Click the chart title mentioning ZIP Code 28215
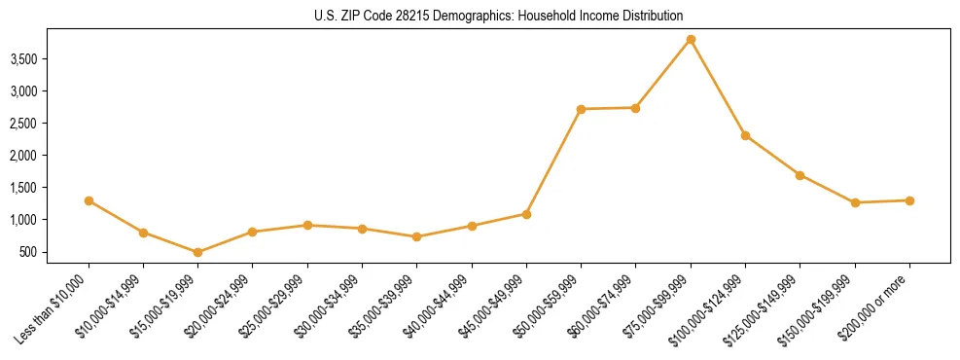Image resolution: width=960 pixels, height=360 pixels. [499, 16]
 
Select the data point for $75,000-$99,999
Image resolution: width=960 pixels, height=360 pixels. [691, 40]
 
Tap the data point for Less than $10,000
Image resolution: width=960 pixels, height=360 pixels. [89, 200]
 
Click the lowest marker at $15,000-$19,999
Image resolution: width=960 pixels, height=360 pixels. [197, 252]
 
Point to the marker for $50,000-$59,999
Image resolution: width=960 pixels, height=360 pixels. [581, 109]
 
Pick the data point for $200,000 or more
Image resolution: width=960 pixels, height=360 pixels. [909, 200]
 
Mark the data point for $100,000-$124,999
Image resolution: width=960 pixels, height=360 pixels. [745, 135]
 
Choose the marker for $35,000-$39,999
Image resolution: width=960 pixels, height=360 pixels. [416, 236]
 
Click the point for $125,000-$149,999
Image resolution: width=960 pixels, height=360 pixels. [800, 175]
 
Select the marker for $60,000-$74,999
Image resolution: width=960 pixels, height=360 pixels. [635, 108]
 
